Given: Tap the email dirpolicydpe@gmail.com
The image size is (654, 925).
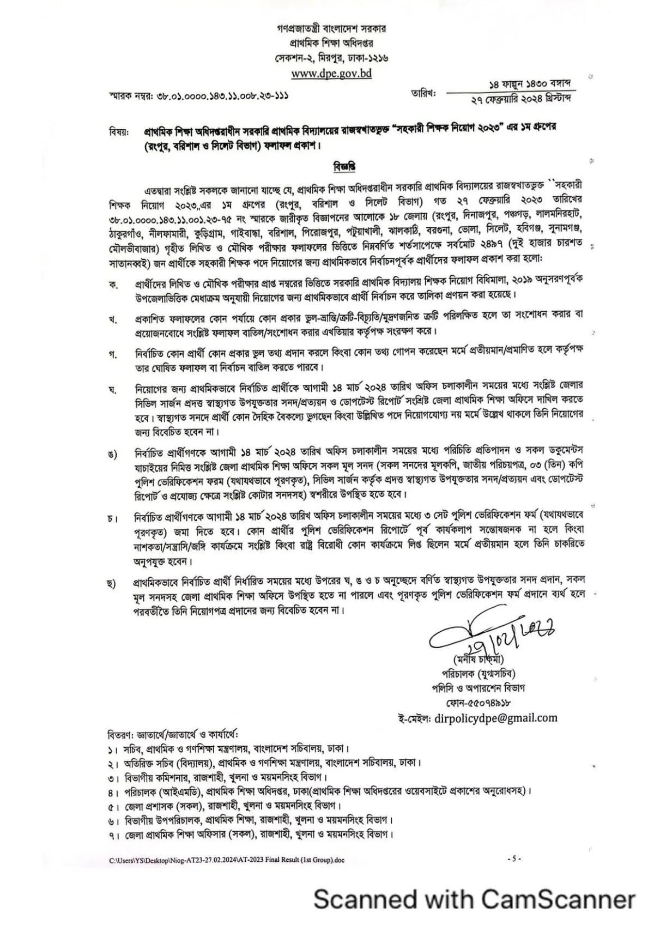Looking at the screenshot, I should [496, 718].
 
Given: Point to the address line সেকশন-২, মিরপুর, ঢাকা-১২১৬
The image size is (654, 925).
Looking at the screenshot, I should [331, 57].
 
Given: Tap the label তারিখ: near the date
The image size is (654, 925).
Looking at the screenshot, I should [424, 94].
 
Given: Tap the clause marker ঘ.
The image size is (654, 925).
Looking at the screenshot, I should [113, 390].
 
